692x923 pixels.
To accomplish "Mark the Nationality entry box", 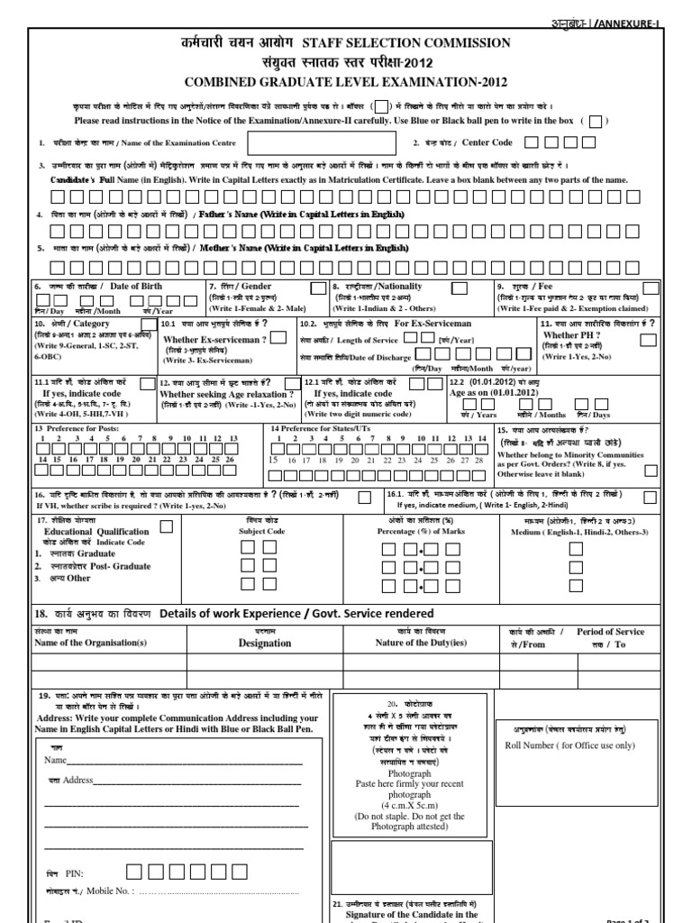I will [459, 288].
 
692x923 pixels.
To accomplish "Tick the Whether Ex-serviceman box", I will [279, 337].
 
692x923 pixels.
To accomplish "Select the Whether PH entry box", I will [647, 339].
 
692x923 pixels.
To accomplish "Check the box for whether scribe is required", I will [364, 498].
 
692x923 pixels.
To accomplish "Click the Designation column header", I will [264, 644].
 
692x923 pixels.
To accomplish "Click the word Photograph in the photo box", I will [409, 773].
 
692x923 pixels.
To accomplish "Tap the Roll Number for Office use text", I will [563, 746].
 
